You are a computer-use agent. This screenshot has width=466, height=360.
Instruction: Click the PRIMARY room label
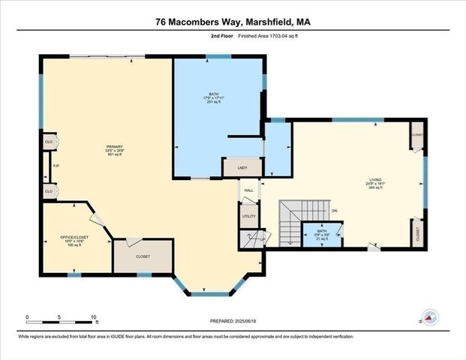tap(114, 145)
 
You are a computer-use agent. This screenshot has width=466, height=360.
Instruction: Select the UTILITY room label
tap(248, 217)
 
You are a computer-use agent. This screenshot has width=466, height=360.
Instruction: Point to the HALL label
tap(248, 190)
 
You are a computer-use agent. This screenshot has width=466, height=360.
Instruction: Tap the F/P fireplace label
tap(55, 166)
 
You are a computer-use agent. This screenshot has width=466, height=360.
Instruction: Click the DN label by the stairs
tap(335, 211)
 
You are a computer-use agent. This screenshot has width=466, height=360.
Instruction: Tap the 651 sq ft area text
tap(114, 154)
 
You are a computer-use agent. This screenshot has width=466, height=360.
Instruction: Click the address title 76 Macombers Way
tap(233, 23)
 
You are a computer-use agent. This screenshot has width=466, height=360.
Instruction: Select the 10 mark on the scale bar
tap(95, 318)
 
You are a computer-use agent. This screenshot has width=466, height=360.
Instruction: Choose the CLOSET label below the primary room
tap(143, 256)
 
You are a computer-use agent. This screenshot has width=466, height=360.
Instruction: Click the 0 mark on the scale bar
tap(27, 318)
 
